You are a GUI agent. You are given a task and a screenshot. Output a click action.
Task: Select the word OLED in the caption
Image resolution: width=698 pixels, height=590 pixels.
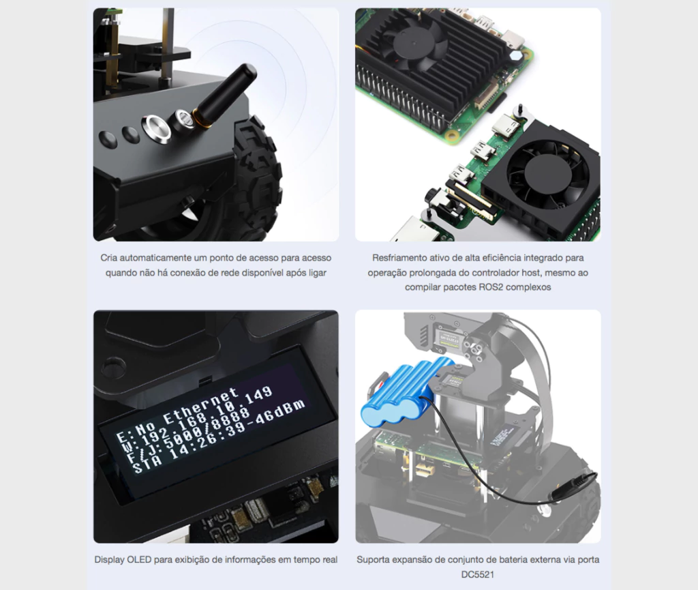[142, 560]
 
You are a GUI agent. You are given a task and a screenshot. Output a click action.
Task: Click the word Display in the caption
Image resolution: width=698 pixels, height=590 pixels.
[109, 560]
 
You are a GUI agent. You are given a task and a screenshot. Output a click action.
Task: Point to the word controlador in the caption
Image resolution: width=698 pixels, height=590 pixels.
[510, 273]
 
